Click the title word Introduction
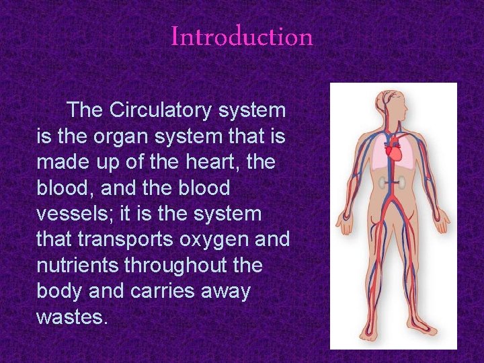click(x=242, y=36)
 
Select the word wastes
click(x=72, y=317)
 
